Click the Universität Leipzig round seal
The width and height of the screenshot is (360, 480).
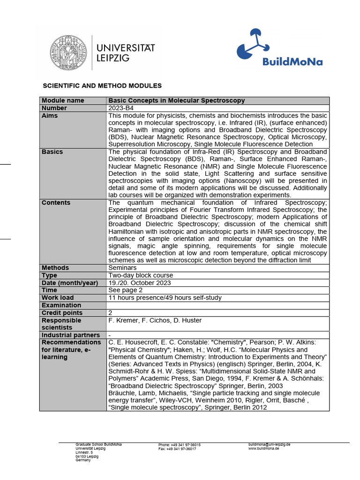pyautogui.click(x=69, y=52)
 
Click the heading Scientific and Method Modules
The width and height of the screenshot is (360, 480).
pyautogui.click(x=102, y=86)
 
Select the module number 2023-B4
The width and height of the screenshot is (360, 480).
pyautogui.click(x=120, y=108)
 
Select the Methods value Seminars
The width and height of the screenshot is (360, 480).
pyautogui.click(x=122, y=268)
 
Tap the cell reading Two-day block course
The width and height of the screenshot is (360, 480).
pyautogui.click(x=141, y=275)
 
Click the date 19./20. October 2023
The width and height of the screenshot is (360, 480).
pyautogui.click(x=140, y=283)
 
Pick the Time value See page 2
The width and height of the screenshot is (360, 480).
pyautogui.click(x=125, y=290)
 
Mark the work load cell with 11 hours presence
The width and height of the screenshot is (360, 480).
pyautogui.click(x=165, y=298)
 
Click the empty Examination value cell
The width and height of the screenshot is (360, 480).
pyautogui.click(x=218, y=305)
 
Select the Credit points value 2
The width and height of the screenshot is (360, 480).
pyautogui.click(x=111, y=313)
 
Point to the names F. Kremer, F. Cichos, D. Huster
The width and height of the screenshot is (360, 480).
pyautogui.click(x=155, y=320)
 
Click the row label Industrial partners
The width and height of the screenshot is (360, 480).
pyautogui.click(x=70, y=335)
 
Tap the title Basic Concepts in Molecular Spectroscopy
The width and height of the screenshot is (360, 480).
pyautogui.click(x=177, y=101)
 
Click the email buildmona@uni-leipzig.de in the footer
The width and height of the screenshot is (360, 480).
pyautogui.click(x=269, y=444)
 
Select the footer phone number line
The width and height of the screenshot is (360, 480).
pyautogui.click(x=180, y=445)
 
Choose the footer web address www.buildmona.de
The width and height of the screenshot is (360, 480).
pyautogui.click(x=263, y=449)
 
